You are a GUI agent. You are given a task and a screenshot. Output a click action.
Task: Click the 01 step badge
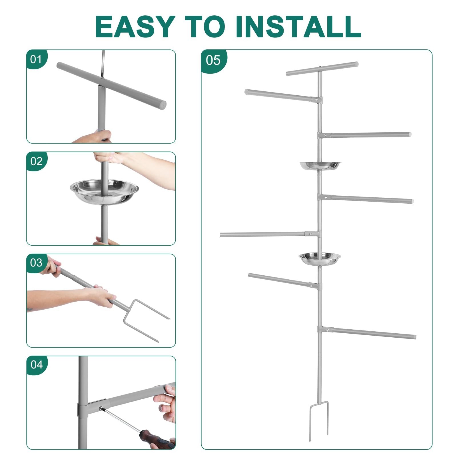(x=36, y=59)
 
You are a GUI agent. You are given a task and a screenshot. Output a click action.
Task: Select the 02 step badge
(x=36, y=161)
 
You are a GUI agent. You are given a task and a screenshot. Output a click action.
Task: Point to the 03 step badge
(x=36, y=263)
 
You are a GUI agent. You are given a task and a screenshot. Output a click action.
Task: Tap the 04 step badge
(x=37, y=365)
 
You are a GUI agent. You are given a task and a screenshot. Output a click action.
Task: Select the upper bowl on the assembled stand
(x=319, y=165)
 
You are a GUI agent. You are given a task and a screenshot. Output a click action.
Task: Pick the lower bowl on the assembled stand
(x=320, y=258)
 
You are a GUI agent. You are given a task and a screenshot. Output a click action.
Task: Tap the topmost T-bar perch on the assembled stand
(x=322, y=69)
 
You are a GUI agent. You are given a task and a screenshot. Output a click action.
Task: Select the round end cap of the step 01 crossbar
(x=163, y=105)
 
